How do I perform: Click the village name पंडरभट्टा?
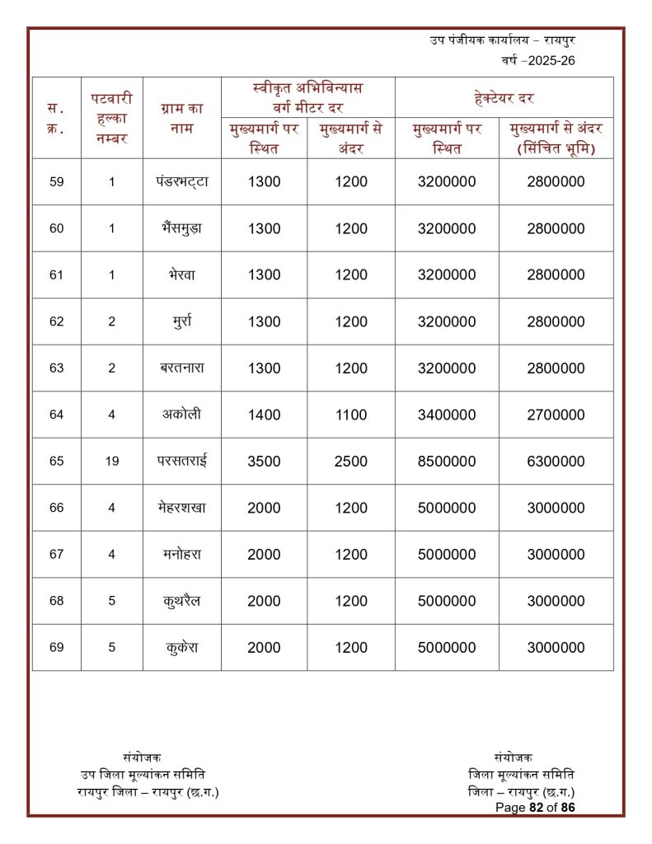point(181,182)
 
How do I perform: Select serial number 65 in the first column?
point(56,462)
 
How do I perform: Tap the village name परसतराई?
point(181,461)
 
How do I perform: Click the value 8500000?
point(447,462)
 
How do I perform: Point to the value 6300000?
point(556,462)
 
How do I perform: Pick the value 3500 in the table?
point(264,462)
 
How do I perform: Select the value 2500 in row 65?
point(351,462)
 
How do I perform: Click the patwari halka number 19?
point(112,462)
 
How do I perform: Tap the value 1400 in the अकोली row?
point(264,415)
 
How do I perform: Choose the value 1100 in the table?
point(351,415)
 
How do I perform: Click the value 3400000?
point(447,415)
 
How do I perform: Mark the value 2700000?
point(556,415)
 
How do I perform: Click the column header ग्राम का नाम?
point(181,118)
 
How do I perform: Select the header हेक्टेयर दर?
point(504,98)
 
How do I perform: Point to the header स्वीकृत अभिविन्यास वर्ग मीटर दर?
point(307,97)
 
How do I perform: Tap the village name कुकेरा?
point(181,647)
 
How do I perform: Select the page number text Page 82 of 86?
point(535,808)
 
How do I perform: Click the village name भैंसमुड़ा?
point(181,228)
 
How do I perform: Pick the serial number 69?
point(56,648)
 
